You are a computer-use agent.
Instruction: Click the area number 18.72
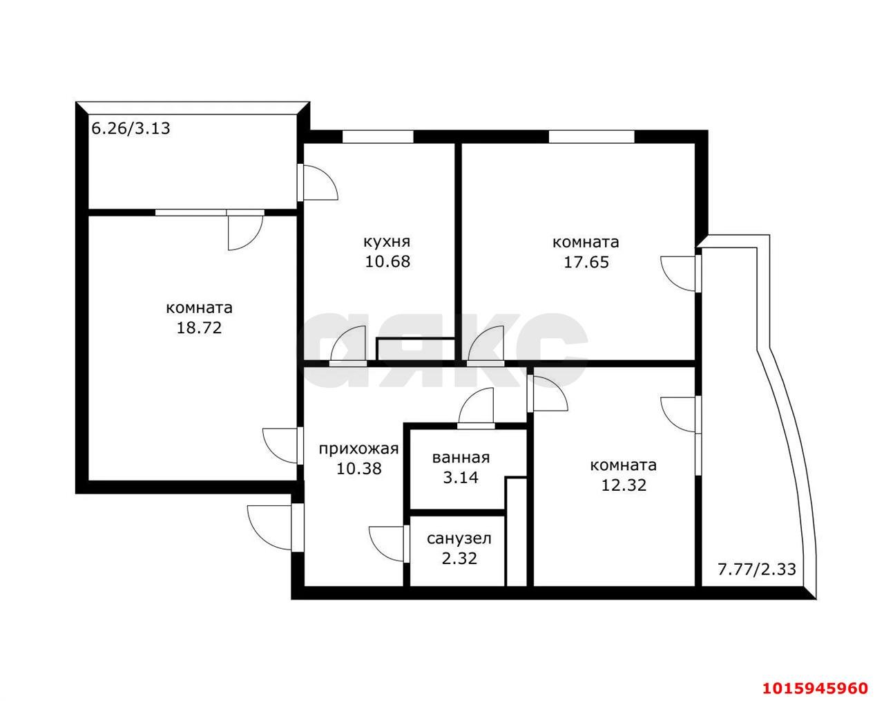pyautogui.click(x=199, y=328)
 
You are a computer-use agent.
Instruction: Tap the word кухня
pyautogui.click(x=387, y=242)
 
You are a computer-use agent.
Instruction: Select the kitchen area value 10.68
pyautogui.click(x=387, y=261)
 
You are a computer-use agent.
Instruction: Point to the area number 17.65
pyautogui.click(x=586, y=262)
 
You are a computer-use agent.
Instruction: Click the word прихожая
pyautogui.click(x=359, y=449)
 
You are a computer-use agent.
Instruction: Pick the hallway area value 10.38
pyautogui.click(x=359, y=468)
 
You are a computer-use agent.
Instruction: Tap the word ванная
pyautogui.click(x=461, y=458)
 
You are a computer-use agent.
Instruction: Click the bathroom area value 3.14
pyautogui.click(x=461, y=477)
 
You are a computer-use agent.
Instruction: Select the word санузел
pyautogui.click(x=459, y=539)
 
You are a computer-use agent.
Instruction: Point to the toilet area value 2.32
pyautogui.click(x=460, y=559)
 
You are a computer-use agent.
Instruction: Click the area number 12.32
pyautogui.click(x=624, y=485)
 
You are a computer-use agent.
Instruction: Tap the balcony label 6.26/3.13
pyautogui.click(x=131, y=129)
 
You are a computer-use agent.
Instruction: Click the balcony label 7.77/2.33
pyautogui.click(x=757, y=569)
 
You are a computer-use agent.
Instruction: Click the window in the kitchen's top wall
pyautogui.click(x=378, y=136)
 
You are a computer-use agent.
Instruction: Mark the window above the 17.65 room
pyautogui.click(x=592, y=136)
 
